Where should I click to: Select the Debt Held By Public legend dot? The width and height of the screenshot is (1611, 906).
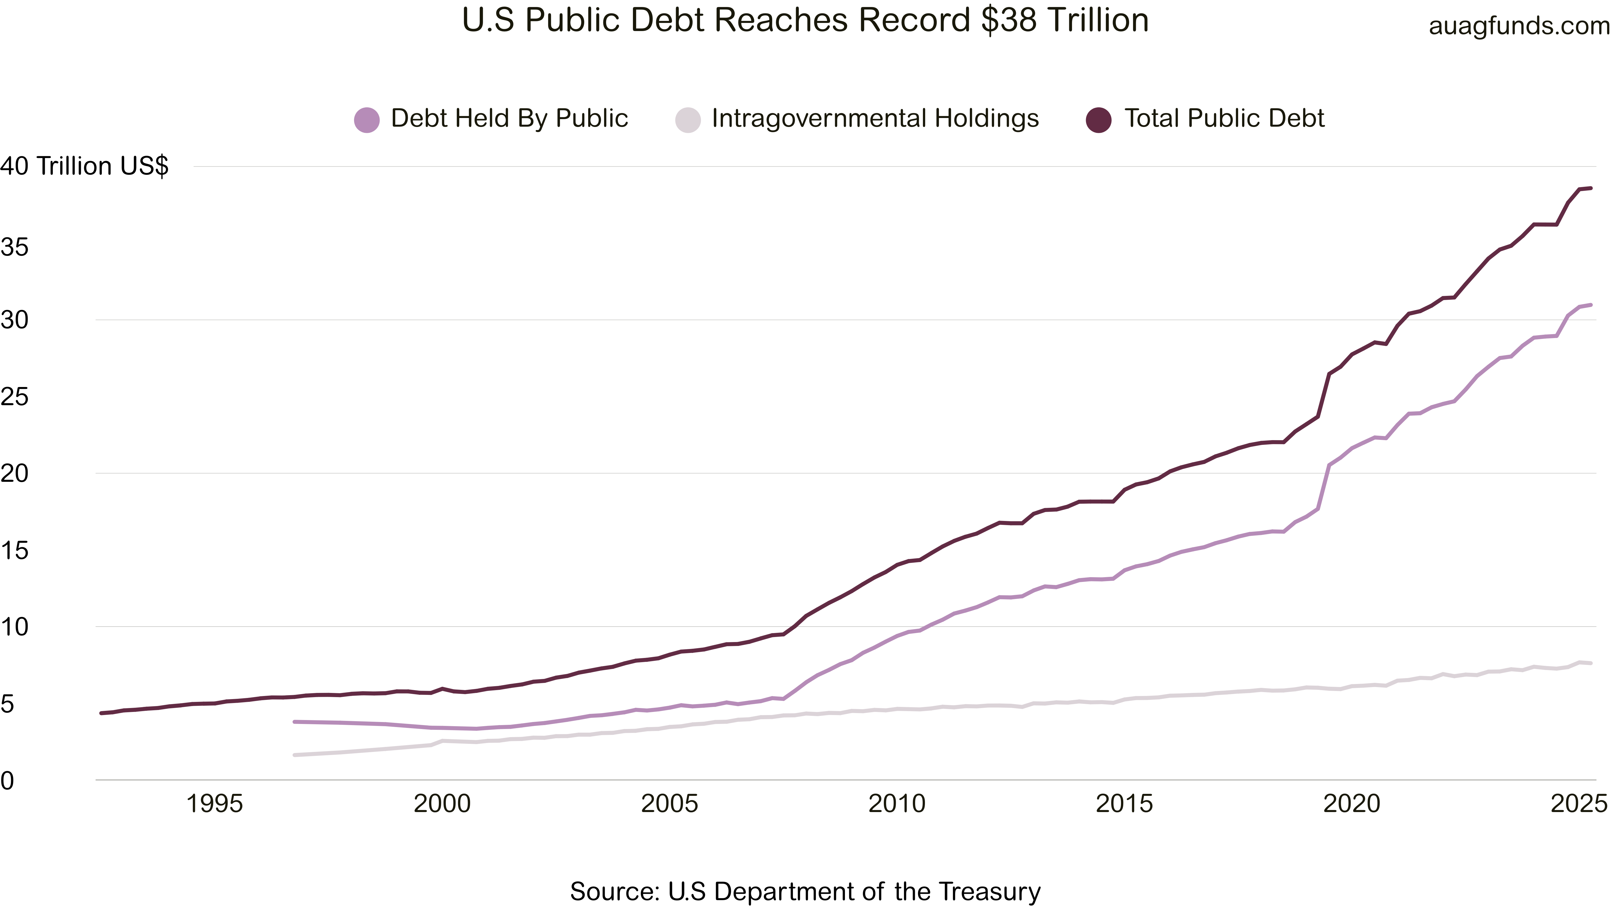click(366, 119)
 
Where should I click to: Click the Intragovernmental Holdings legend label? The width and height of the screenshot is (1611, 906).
click(875, 118)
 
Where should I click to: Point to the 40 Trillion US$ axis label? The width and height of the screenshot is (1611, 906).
click(84, 166)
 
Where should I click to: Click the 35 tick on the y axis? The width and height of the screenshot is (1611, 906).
click(14, 247)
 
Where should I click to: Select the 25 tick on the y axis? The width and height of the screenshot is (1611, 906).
click(14, 397)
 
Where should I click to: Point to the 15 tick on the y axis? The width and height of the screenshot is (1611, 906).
click(14, 550)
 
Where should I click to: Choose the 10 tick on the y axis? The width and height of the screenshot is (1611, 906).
click(14, 626)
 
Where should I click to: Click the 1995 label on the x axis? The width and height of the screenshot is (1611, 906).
click(215, 803)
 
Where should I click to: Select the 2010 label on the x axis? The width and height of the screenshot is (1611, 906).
click(897, 803)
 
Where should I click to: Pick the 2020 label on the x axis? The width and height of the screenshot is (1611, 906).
click(1351, 803)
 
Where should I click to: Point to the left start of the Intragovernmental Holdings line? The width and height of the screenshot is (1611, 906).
click(295, 755)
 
